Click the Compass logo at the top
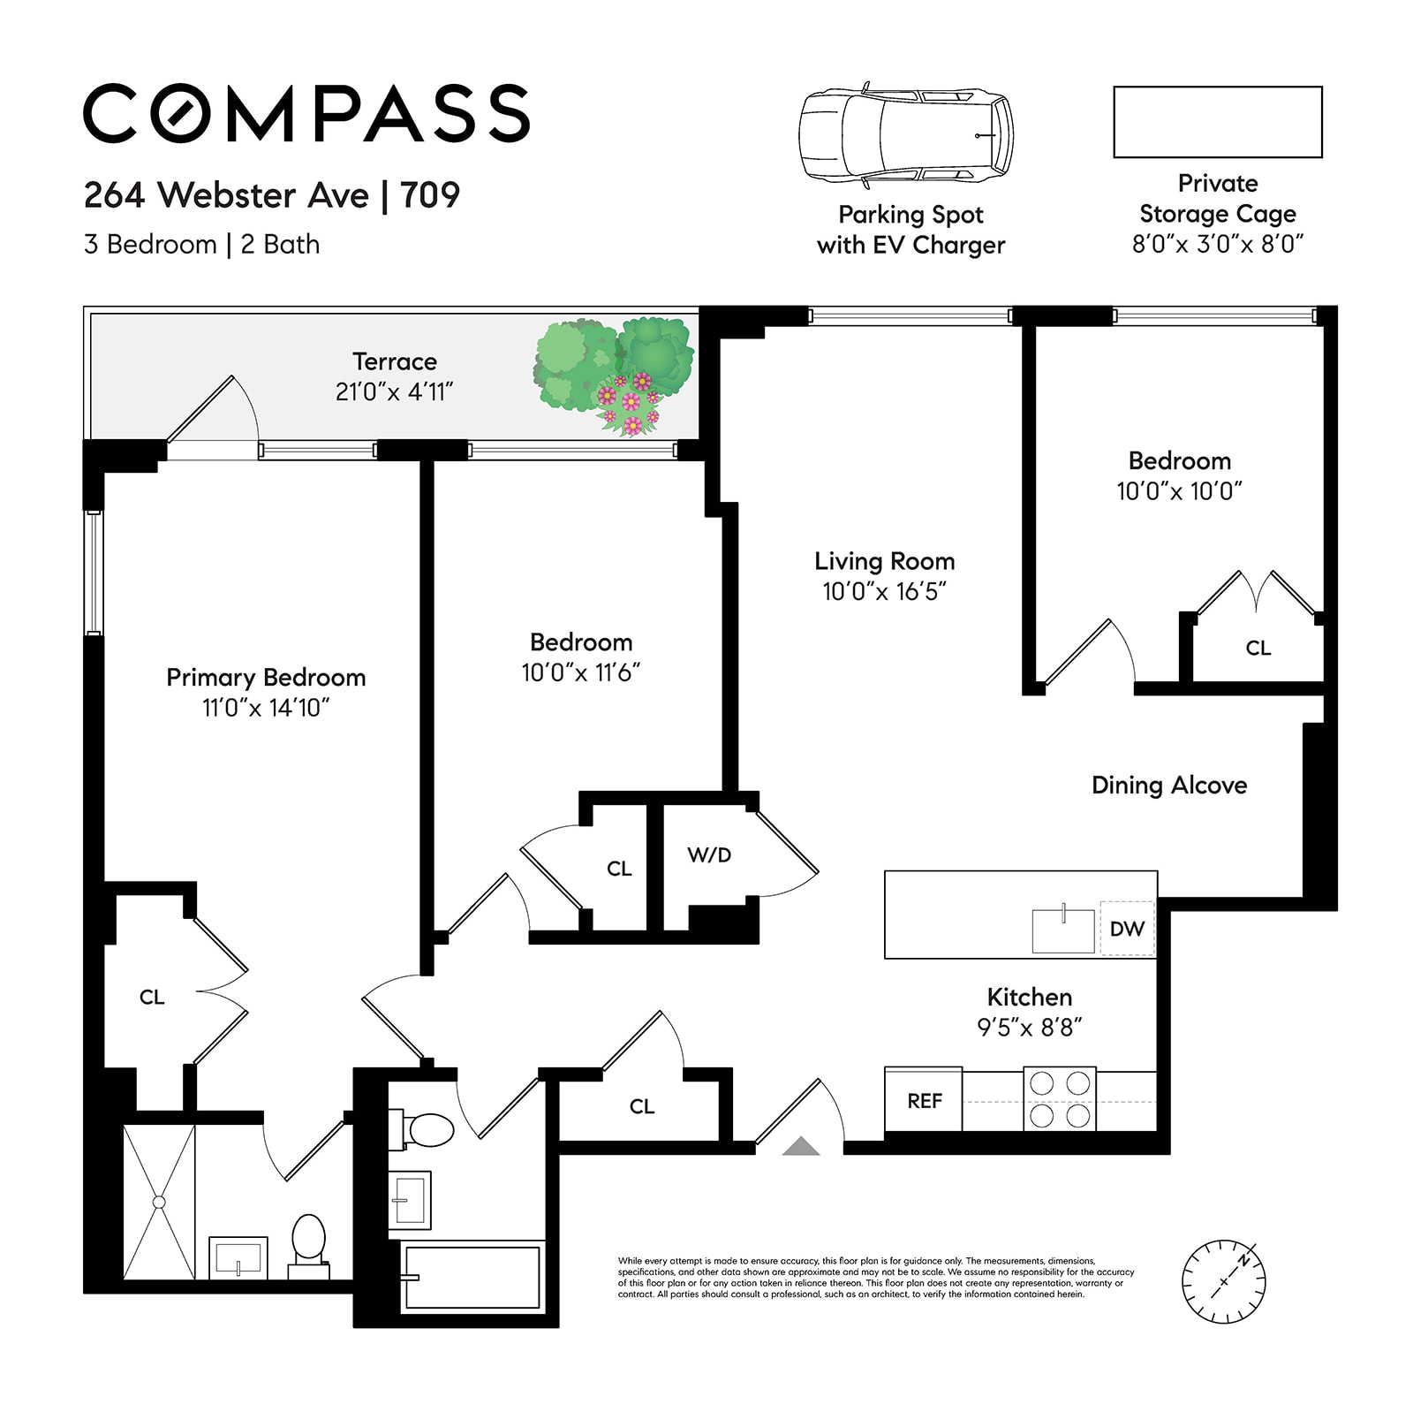(306, 113)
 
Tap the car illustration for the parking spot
(906, 135)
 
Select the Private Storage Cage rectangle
(1217, 122)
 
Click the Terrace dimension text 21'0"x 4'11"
(394, 392)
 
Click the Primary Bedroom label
(266, 678)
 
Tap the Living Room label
(884, 562)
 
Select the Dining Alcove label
(1168, 786)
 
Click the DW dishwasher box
(1127, 929)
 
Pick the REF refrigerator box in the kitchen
(924, 1101)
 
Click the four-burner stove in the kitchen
(1060, 1099)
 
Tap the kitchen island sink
(1063, 930)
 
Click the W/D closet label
(709, 855)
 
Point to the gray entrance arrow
(801, 1147)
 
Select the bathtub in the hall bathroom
(472, 1278)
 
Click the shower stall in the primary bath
(159, 1202)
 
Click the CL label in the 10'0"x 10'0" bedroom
(1258, 649)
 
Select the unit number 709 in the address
(430, 195)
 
